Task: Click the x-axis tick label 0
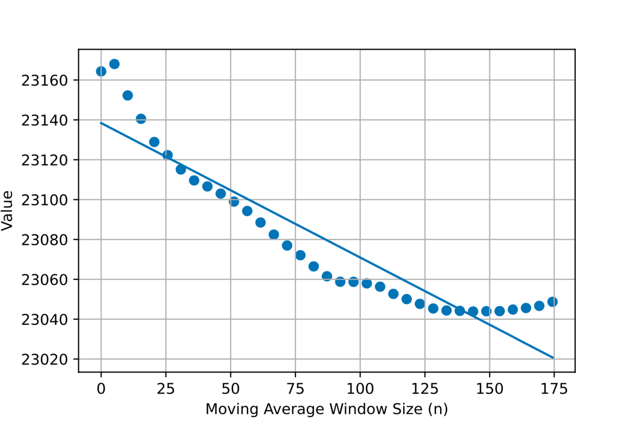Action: pyautogui.click(x=101, y=389)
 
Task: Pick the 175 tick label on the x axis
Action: pyautogui.click(x=554, y=389)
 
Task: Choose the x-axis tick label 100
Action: pyautogui.click(x=360, y=389)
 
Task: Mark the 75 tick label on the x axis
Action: pyautogui.click(x=295, y=389)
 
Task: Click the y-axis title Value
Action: pyautogui.click(x=8, y=210)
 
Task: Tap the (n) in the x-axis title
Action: pyautogui.click(x=438, y=409)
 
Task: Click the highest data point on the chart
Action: pyautogui.click(x=114, y=64)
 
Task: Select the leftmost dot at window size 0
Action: pyautogui.click(x=101, y=71)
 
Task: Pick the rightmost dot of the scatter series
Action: pyautogui.click(x=552, y=302)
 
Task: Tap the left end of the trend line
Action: pyautogui.click(x=101, y=123)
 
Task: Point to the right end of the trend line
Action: pyautogui.click(x=553, y=358)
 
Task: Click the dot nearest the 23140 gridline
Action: pyautogui.click(x=141, y=119)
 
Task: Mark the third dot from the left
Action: pyautogui.click(x=127, y=95)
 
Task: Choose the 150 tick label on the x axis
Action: pyautogui.click(x=489, y=389)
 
